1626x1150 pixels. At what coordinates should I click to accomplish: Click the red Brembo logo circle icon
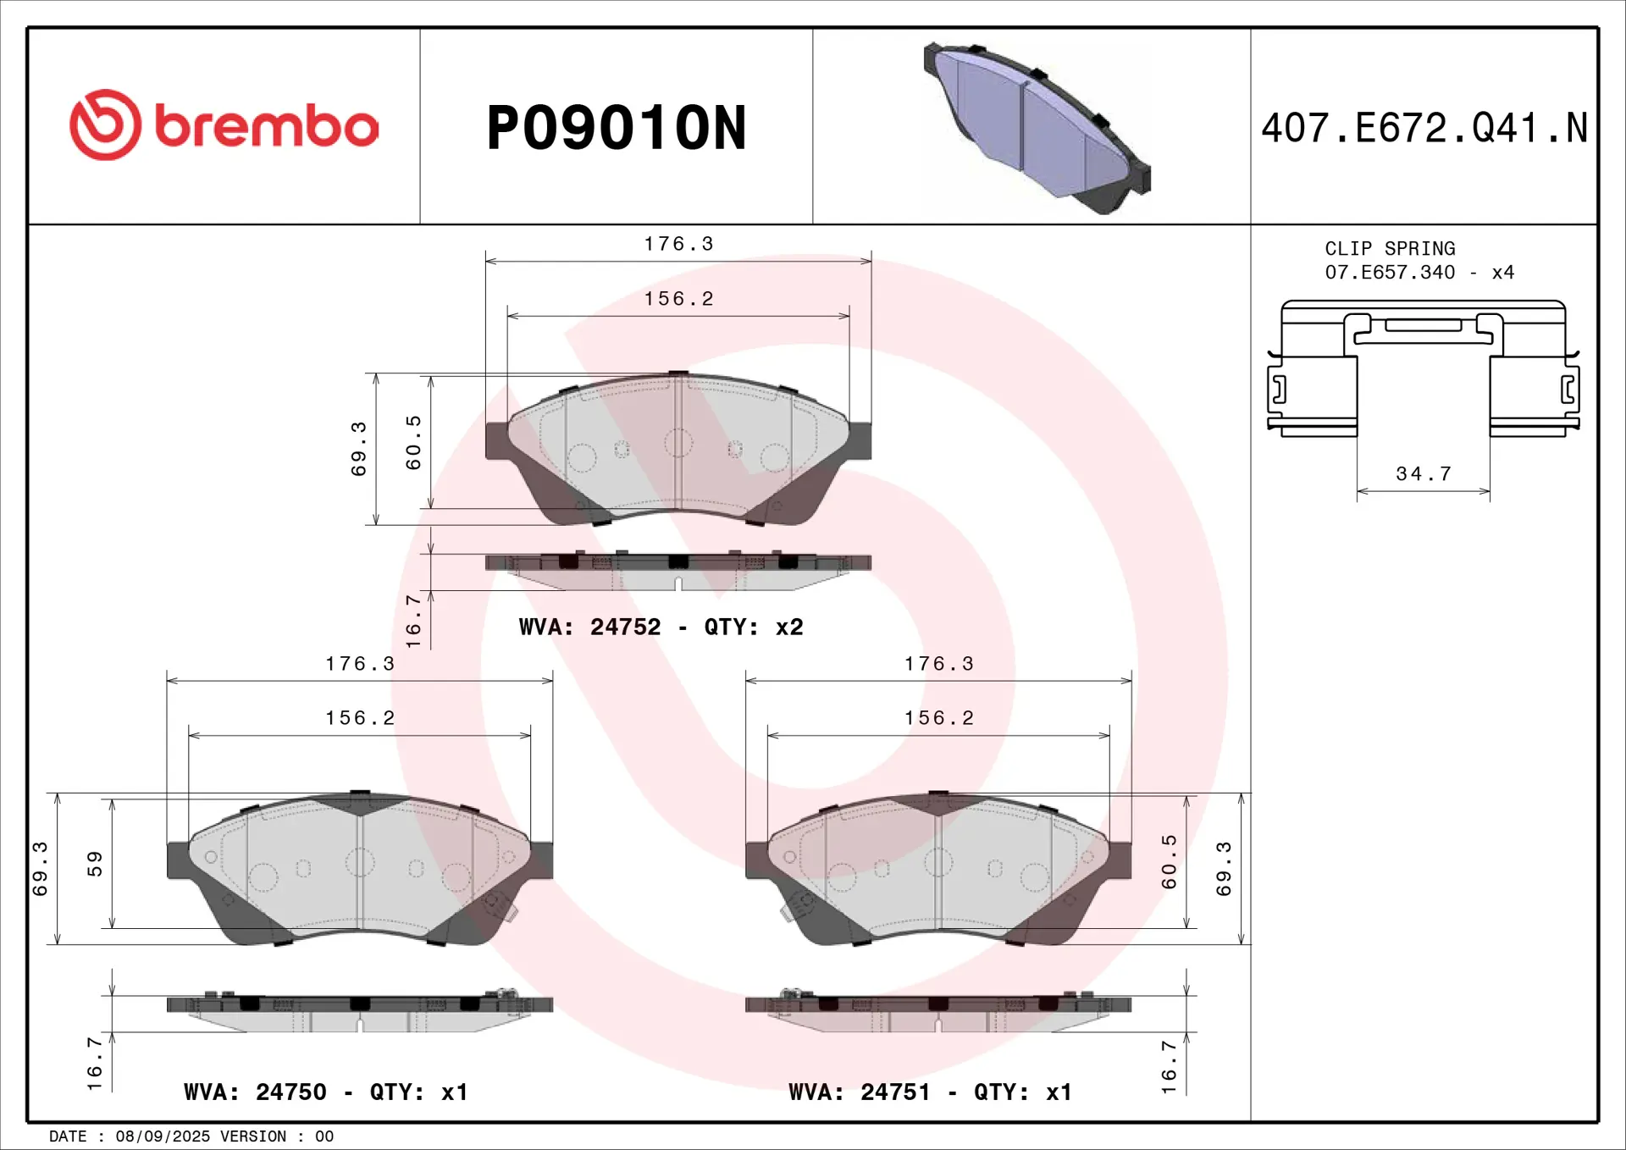[x=105, y=125]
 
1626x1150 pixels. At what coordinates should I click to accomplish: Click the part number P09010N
[x=616, y=129]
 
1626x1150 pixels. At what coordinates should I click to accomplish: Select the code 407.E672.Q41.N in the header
[x=1424, y=129]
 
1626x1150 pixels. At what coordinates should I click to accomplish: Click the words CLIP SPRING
[x=1390, y=249]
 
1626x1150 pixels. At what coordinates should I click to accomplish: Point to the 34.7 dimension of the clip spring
[x=1424, y=474]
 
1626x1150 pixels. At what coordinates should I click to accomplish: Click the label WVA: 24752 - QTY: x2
[x=661, y=628]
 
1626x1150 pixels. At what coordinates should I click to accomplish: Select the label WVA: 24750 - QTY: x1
[x=325, y=1092]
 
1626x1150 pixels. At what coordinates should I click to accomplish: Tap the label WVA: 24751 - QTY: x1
[x=930, y=1092]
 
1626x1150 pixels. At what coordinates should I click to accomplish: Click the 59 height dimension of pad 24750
[x=95, y=863]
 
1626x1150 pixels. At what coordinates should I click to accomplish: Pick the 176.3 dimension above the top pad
[x=678, y=245]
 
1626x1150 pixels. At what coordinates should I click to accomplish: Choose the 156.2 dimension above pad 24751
[x=938, y=719]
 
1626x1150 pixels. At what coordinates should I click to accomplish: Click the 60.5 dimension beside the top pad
[x=413, y=442]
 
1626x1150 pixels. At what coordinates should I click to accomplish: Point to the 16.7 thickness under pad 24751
[x=1169, y=1066]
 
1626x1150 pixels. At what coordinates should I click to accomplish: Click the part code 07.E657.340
[x=1390, y=273]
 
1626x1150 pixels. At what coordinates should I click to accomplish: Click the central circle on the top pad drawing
[x=678, y=442]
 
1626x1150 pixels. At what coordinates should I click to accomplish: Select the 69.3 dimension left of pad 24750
[x=40, y=868]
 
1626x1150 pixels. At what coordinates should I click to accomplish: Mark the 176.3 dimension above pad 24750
[x=360, y=665]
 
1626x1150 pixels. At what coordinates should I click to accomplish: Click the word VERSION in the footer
[x=253, y=1136]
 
